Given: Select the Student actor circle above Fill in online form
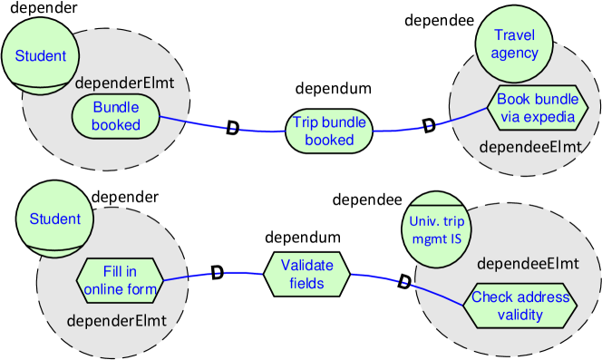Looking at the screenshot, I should point(54,219).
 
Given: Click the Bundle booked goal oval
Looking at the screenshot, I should point(116,116).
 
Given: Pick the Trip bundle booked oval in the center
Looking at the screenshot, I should point(329,131).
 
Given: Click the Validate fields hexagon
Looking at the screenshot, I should point(306,274).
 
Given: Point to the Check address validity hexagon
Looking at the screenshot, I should point(519,306).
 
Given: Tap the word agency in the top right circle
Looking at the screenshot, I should point(514,53).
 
